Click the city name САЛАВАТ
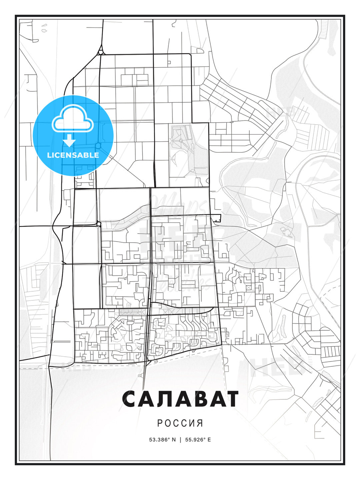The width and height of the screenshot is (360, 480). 180,399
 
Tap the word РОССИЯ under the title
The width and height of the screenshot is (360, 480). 180,423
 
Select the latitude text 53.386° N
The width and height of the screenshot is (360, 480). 162,440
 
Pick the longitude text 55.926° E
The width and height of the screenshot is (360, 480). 198,440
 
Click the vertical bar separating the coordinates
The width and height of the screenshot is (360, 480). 180,440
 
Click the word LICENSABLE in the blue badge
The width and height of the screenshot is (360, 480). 73,155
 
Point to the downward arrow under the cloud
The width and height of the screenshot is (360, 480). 69,141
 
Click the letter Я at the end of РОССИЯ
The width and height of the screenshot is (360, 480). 200,423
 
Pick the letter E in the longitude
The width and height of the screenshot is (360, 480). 209,440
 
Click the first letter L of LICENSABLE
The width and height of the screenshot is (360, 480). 49,155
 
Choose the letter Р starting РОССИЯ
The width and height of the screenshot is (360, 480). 160,423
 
